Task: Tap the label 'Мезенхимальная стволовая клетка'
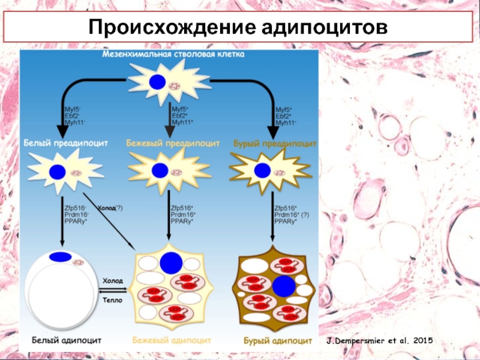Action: [173, 55]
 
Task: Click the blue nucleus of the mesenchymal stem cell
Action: [157, 82]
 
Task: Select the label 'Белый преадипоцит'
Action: [66, 143]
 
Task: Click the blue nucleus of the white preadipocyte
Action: [56, 172]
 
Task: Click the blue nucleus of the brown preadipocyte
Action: [262, 170]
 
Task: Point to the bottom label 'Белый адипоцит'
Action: [63, 340]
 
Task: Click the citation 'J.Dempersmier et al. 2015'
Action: [379, 341]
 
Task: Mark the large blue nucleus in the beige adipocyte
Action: [170, 263]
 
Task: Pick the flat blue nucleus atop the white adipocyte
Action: [59, 257]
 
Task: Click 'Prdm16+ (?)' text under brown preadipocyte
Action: [292, 214]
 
